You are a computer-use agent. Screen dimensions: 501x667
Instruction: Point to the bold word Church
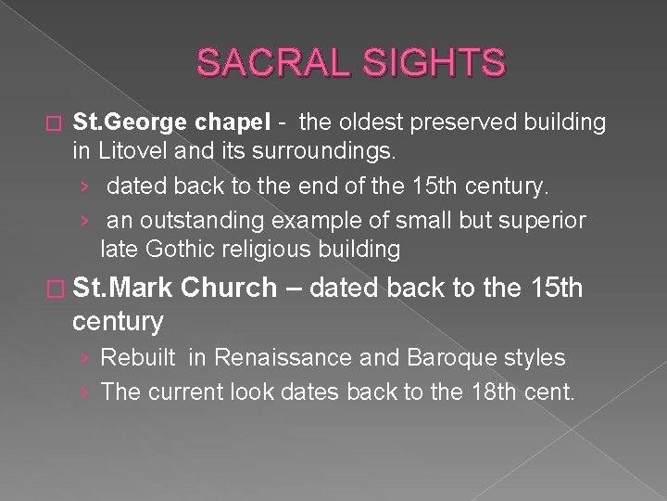click(x=229, y=289)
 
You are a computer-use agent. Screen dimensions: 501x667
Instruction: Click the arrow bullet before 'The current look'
click(x=85, y=392)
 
